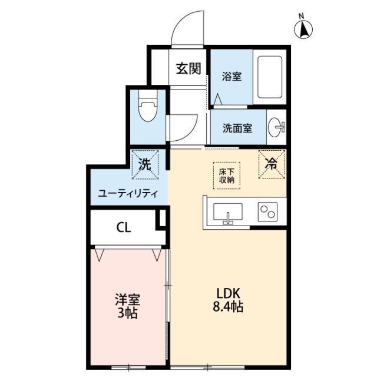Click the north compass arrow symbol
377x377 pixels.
pos(305,28)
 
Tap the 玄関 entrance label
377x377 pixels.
pos(188,68)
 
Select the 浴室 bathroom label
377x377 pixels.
pos(230,77)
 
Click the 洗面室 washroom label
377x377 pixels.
pos(237,128)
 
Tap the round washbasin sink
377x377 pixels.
pos(277,126)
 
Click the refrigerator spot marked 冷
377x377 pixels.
pos(272,164)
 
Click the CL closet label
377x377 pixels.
pos(123,227)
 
